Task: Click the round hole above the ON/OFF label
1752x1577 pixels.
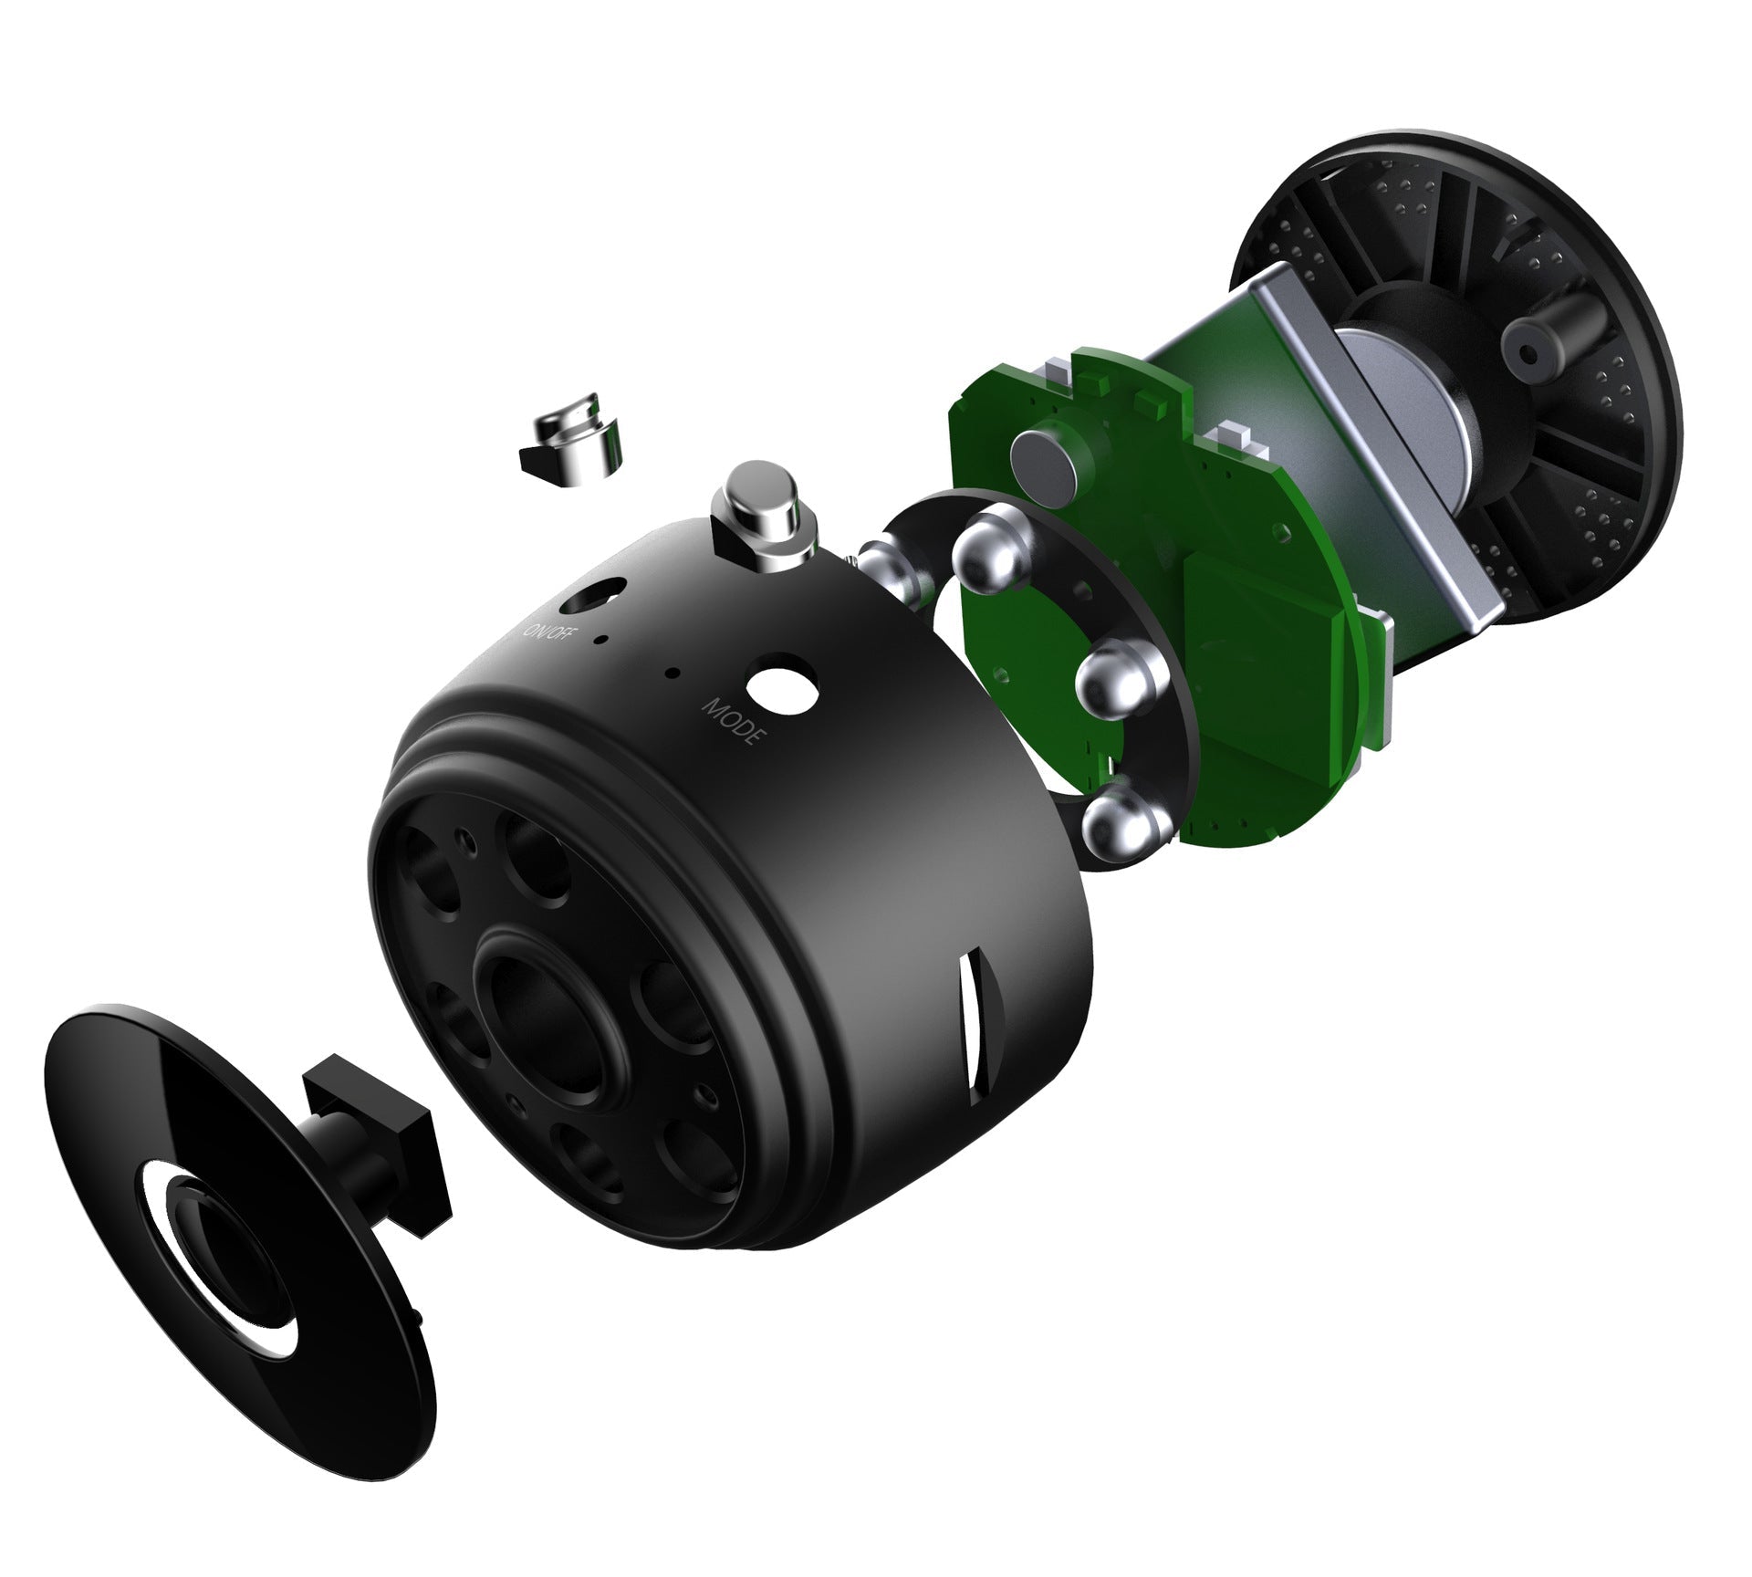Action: [594, 596]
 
